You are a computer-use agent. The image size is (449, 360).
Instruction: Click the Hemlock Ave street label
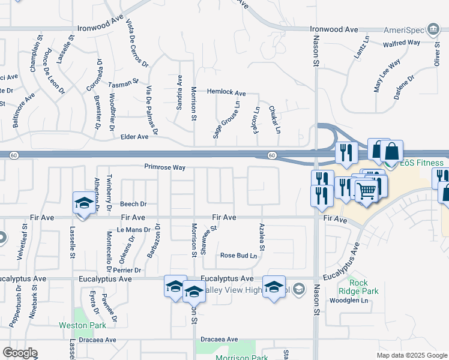[x=226, y=93]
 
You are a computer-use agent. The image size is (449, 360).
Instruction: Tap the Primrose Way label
[x=164, y=167]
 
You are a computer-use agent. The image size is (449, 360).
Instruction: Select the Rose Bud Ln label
[x=238, y=256]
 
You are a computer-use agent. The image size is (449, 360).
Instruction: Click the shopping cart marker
[x=365, y=191]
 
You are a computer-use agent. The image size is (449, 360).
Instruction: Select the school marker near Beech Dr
[x=83, y=203]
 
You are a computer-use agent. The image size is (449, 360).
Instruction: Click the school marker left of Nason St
[x=273, y=287]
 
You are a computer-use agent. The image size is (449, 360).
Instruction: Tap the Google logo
[x=20, y=353]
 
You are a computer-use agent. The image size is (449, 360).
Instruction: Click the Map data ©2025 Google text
[x=411, y=355]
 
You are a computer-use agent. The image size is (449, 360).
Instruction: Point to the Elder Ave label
[x=134, y=137]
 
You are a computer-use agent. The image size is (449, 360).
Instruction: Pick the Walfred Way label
[x=402, y=43]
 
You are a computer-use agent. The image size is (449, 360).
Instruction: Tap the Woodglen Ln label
[x=349, y=301]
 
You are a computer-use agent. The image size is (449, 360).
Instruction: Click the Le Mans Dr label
[x=133, y=230]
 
